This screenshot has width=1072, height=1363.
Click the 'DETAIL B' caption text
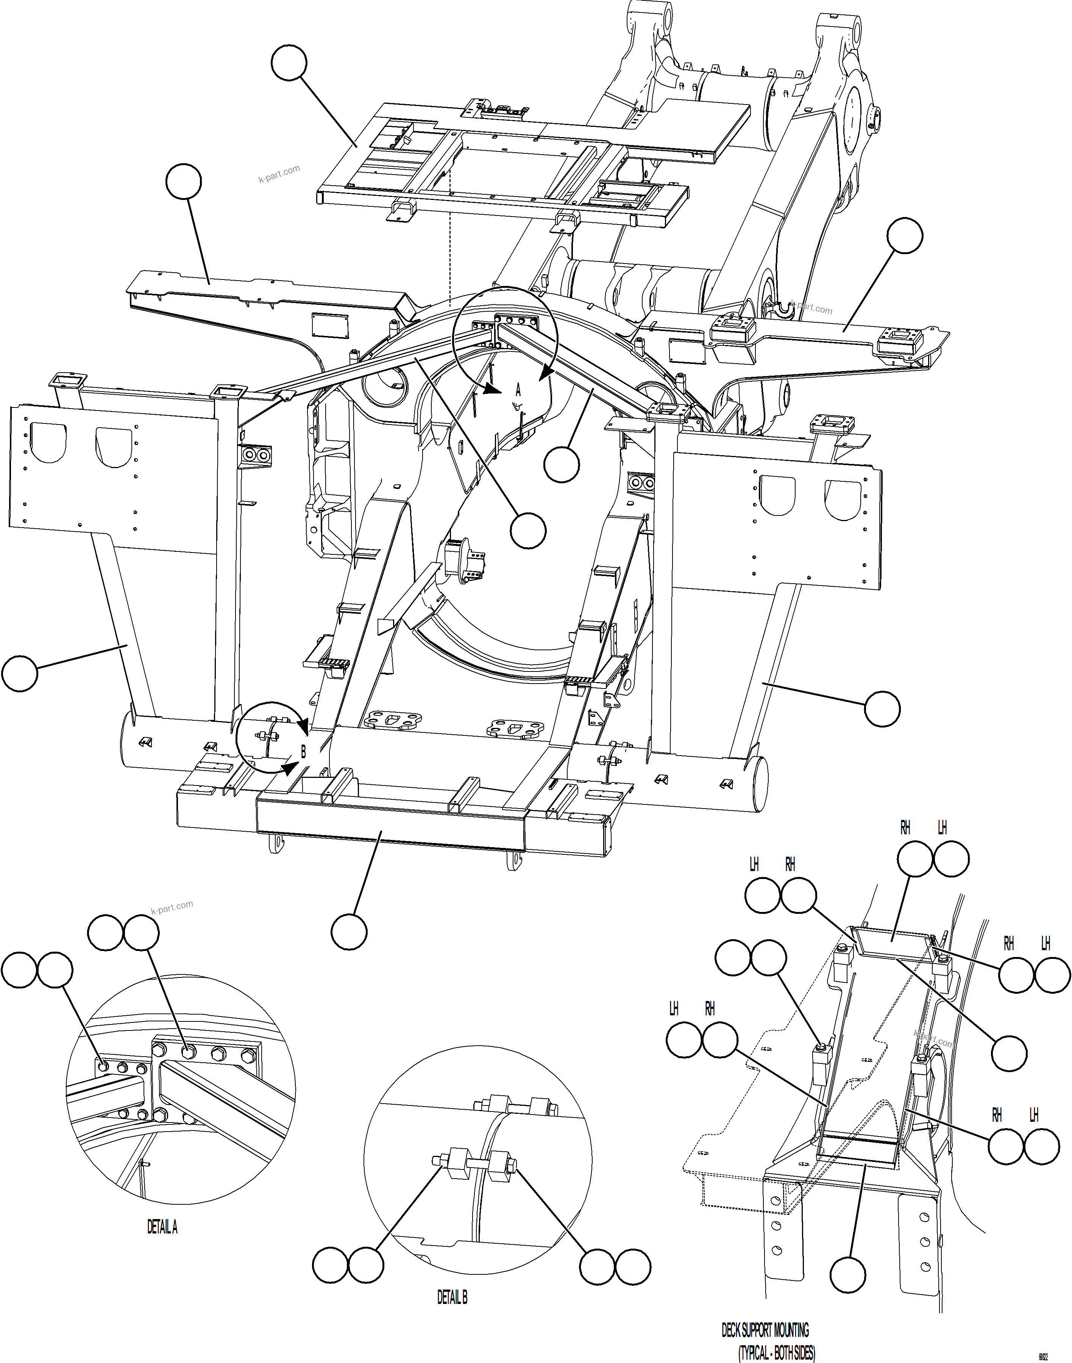tap(452, 1297)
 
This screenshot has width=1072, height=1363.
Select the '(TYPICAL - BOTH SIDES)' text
tap(776, 1353)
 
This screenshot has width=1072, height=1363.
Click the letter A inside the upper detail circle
tap(518, 390)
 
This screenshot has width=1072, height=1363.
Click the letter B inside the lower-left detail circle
tap(303, 751)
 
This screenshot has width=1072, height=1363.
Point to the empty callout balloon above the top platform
tap(289, 63)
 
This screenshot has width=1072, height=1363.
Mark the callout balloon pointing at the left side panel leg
tap(19, 674)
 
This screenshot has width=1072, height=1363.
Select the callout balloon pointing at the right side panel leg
tap(882, 709)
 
